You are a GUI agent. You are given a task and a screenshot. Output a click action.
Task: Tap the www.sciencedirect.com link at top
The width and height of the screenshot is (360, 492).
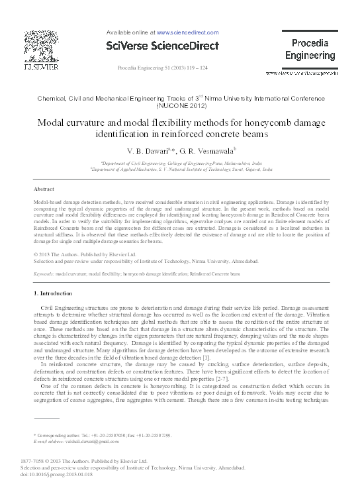(x=187, y=32)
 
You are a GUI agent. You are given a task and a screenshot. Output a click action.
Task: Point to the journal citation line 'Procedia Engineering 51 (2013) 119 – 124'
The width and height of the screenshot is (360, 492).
(x=162, y=68)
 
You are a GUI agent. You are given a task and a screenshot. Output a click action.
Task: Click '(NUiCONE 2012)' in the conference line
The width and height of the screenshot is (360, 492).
(x=180, y=105)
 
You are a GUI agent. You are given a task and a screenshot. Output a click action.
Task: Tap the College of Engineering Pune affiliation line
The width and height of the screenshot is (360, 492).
(x=180, y=162)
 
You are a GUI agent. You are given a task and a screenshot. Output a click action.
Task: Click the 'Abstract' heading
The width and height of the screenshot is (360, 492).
(x=44, y=189)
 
